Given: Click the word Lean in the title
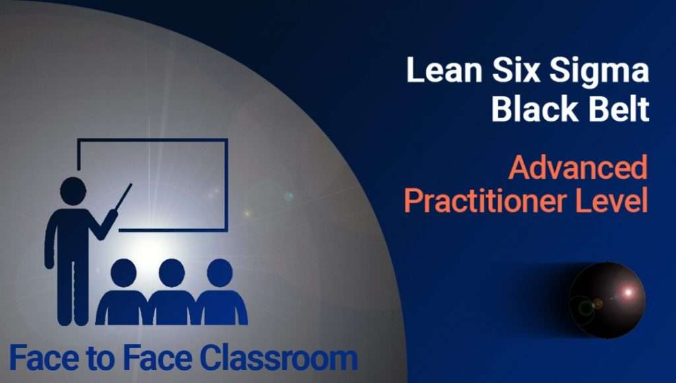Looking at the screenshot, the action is click(x=444, y=69).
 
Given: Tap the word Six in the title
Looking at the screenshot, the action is click(x=516, y=69).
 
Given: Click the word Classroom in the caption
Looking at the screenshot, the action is click(x=279, y=357).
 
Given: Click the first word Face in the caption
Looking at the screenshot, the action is click(x=46, y=358).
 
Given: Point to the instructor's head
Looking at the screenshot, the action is click(x=73, y=191).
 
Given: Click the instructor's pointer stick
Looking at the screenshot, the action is click(x=123, y=197).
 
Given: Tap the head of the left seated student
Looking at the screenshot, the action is click(x=123, y=273).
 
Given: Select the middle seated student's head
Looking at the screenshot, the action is click(x=172, y=273).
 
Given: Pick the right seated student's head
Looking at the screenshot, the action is click(x=220, y=273).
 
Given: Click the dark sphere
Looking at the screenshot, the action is click(x=607, y=300).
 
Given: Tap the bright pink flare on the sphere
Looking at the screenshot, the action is click(x=628, y=293).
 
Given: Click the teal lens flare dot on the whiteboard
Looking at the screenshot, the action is click(x=289, y=196).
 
